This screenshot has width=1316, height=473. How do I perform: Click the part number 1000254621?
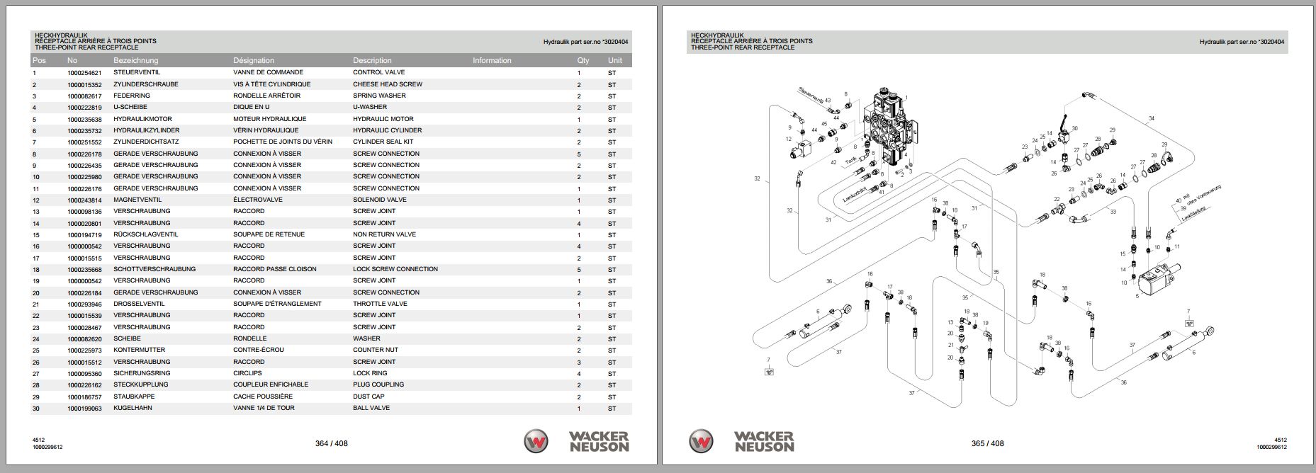tap(84, 72)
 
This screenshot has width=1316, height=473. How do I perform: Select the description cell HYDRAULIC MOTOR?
tap(383, 119)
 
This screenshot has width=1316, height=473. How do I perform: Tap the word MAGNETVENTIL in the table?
tap(136, 200)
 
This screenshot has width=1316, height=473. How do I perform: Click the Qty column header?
tap(583, 61)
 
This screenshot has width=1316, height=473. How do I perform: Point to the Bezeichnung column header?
tap(135, 61)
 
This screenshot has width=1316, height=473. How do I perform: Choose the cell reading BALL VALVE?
tap(371, 408)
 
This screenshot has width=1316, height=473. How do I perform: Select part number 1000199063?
tap(84, 408)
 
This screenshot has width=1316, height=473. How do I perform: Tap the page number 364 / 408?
tap(331, 444)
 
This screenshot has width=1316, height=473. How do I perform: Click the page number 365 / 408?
tap(987, 444)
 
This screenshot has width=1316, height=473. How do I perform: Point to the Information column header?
tap(492, 61)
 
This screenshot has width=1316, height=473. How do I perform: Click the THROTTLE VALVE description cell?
tap(380, 304)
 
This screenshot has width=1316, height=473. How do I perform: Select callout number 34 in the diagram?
tap(1151, 118)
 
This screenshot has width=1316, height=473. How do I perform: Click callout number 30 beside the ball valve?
tap(1074, 129)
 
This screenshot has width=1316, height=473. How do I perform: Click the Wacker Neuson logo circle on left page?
tap(536, 442)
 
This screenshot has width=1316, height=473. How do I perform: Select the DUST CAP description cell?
tap(369, 397)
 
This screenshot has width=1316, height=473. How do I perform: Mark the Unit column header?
tap(614, 61)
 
